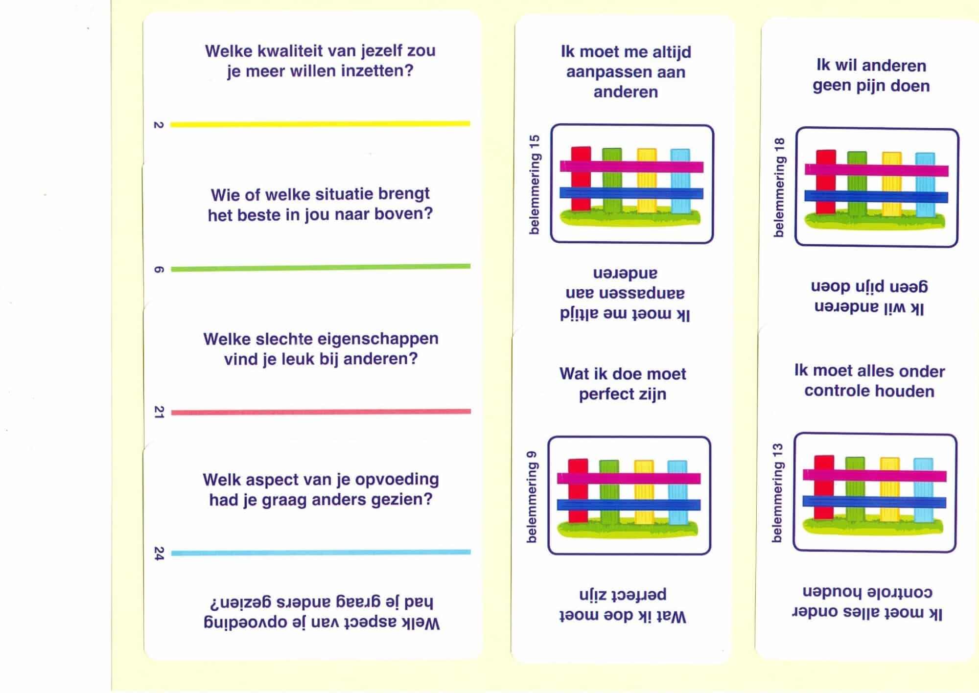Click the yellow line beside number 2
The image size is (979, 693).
(320, 124)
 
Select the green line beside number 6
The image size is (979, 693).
(321, 268)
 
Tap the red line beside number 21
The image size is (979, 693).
(321, 412)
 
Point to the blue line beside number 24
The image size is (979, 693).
(321, 553)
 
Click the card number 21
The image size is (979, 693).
(159, 412)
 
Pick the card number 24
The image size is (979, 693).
(159, 554)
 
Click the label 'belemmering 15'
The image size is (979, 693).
(534, 185)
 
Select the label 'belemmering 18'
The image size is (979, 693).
(779, 187)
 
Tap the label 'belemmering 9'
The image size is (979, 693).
(532, 497)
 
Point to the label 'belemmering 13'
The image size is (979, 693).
(777, 493)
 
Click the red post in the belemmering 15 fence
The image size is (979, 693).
(581, 179)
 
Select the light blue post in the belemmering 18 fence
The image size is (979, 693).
(925, 185)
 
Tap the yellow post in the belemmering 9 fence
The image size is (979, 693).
(644, 492)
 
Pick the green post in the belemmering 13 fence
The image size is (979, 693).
(855, 489)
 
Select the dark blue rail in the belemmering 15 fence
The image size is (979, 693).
(631, 193)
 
